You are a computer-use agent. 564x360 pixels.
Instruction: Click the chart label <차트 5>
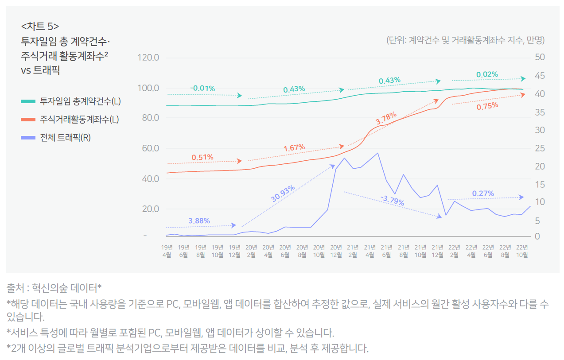point(40,25)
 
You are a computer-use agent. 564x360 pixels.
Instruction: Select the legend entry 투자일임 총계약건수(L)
point(80,101)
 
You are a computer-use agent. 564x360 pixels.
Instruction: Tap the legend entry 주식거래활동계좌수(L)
point(79,120)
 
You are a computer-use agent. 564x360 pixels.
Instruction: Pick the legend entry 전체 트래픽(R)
point(65,138)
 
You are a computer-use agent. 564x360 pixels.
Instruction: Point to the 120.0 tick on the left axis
point(149,58)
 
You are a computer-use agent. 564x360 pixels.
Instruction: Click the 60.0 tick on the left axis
point(149,148)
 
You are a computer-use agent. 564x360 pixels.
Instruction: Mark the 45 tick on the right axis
point(540,76)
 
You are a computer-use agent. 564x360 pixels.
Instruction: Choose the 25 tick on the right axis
point(540,148)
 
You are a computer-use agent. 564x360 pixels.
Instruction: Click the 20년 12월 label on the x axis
point(336,251)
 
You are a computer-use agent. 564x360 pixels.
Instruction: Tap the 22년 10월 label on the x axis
point(522,251)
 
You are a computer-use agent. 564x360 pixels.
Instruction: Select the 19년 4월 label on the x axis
point(167,251)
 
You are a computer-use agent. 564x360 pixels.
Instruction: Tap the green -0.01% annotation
point(202,89)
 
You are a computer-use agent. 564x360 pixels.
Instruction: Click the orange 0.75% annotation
point(487,106)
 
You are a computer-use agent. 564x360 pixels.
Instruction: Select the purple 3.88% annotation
point(199,221)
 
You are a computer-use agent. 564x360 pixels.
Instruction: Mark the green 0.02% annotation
point(487,74)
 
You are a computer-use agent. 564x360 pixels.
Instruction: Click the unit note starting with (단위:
point(465,40)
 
